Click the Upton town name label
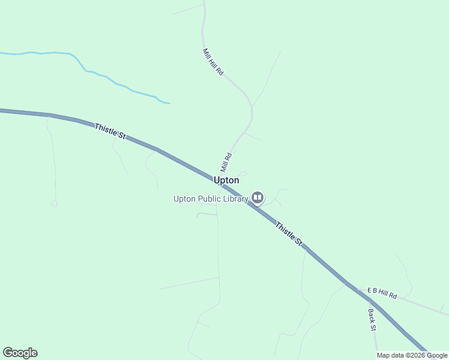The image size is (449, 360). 226,180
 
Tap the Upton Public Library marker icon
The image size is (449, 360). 258,197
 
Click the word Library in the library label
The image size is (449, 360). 235,199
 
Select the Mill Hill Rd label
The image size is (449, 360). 213,62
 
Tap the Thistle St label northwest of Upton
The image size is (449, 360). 110,131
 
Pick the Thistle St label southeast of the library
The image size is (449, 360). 289,233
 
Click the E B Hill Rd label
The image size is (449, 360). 382,293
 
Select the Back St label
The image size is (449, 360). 372,320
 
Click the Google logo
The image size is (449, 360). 20,353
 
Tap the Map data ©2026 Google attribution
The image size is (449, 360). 412,355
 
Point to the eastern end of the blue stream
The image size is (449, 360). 169,103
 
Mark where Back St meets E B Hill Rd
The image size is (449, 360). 368,293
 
